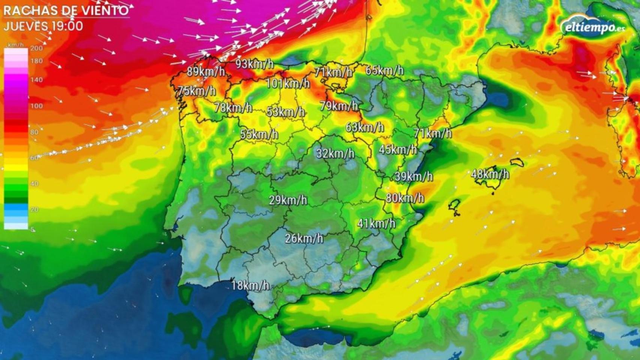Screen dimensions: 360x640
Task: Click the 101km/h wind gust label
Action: pos(288,83)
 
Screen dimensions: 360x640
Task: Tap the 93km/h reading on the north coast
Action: pos(254,64)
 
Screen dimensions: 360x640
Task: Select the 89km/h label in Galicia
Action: pos(206,71)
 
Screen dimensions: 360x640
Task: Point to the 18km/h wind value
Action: pos(250,285)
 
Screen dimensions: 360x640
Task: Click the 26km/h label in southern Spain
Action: pos(304,238)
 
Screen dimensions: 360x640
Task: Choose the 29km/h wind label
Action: pos(288,200)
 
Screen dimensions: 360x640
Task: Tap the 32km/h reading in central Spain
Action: pos(335,153)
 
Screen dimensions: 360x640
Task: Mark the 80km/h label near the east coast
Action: pos(405,198)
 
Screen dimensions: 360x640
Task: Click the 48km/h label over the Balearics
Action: pos(490,174)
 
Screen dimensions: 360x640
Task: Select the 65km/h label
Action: pos(385,70)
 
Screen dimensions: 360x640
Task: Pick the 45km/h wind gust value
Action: pos(398,150)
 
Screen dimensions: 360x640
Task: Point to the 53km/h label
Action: pos(285,112)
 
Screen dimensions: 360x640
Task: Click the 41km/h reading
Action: pos(376,223)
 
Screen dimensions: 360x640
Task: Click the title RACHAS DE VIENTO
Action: pos(66,10)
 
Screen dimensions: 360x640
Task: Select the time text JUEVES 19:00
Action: pos(44,26)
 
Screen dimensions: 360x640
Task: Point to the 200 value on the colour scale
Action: pos(36,48)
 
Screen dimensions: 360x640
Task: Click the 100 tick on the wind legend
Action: pos(36,106)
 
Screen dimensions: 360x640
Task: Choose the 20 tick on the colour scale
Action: pos(35,209)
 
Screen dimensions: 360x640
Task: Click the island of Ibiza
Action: pos(455,205)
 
